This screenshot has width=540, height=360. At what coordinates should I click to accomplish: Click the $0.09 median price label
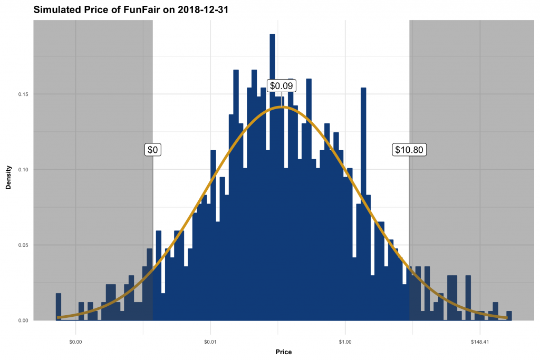tap(282, 85)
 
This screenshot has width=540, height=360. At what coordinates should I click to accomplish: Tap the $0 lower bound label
tap(152, 150)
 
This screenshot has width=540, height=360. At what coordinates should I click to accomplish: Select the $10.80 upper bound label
tap(409, 150)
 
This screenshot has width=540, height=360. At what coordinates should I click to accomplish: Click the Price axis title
tap(283, 352)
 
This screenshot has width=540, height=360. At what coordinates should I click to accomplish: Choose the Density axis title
tap(8, 178)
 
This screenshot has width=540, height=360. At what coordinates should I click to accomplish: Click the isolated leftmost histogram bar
tap(59, 307)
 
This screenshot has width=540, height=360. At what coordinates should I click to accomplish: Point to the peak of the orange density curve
tap(283, 107)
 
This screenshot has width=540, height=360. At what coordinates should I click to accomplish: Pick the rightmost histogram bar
tap(509, 316)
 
